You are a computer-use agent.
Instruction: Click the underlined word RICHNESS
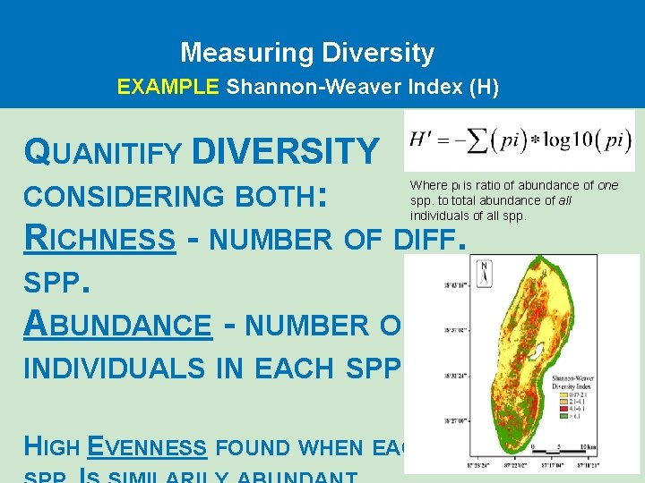[x=99, y=239]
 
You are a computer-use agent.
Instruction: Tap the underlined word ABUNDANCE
[x=117, y=325]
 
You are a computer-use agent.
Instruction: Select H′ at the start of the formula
[x=424, y=140]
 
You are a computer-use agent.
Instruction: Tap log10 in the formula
[x=566, y=141]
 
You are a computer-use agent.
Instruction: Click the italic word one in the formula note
[x=607, y=185]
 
